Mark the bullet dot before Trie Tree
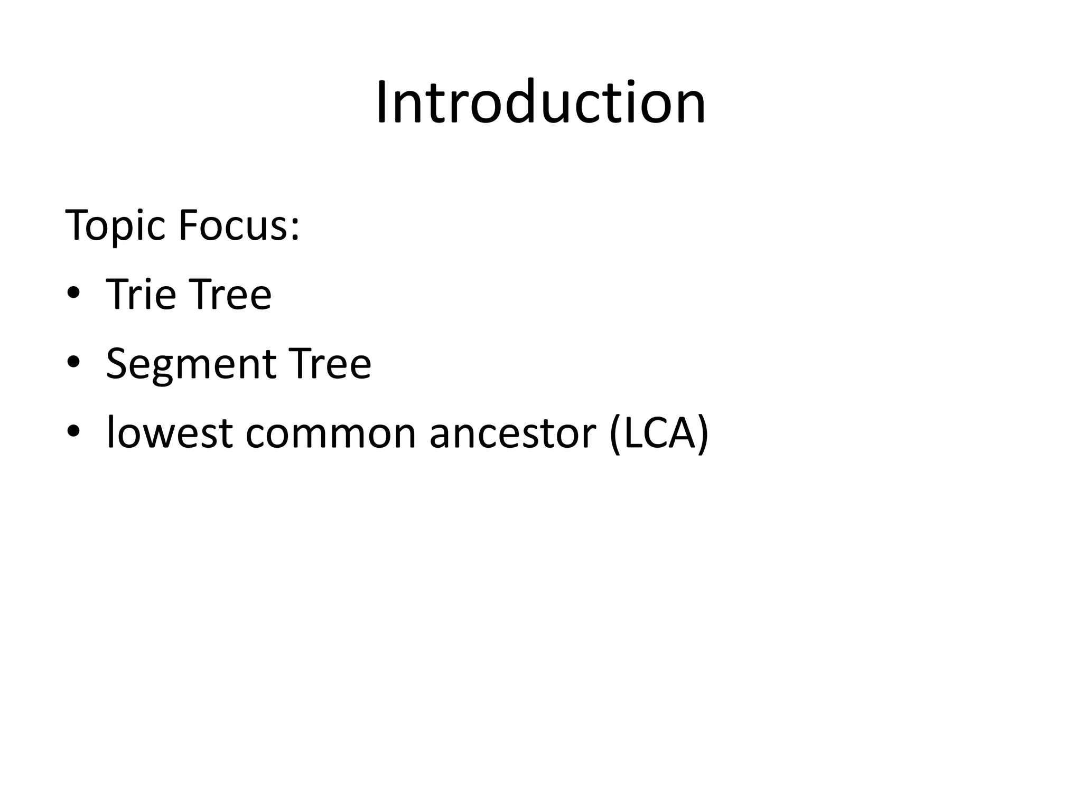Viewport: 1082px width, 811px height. (x=73, y=294)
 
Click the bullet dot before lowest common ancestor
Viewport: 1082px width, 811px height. (x=73, y=433)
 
